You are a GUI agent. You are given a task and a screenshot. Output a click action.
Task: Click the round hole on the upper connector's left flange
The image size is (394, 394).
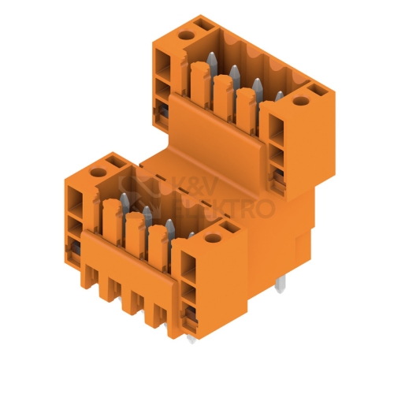pos(186,35)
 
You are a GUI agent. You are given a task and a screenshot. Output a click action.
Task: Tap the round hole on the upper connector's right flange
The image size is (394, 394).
pos(301,101)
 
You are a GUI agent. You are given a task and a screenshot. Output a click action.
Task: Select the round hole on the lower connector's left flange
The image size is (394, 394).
pos(98,173)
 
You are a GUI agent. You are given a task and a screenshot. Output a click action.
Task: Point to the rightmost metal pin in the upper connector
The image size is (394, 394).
pos(279,97)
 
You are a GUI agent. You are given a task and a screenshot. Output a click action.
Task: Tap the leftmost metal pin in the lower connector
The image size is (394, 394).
pos(125,203)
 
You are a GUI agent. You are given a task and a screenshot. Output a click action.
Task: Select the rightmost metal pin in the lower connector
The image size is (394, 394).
pos(191,236)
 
